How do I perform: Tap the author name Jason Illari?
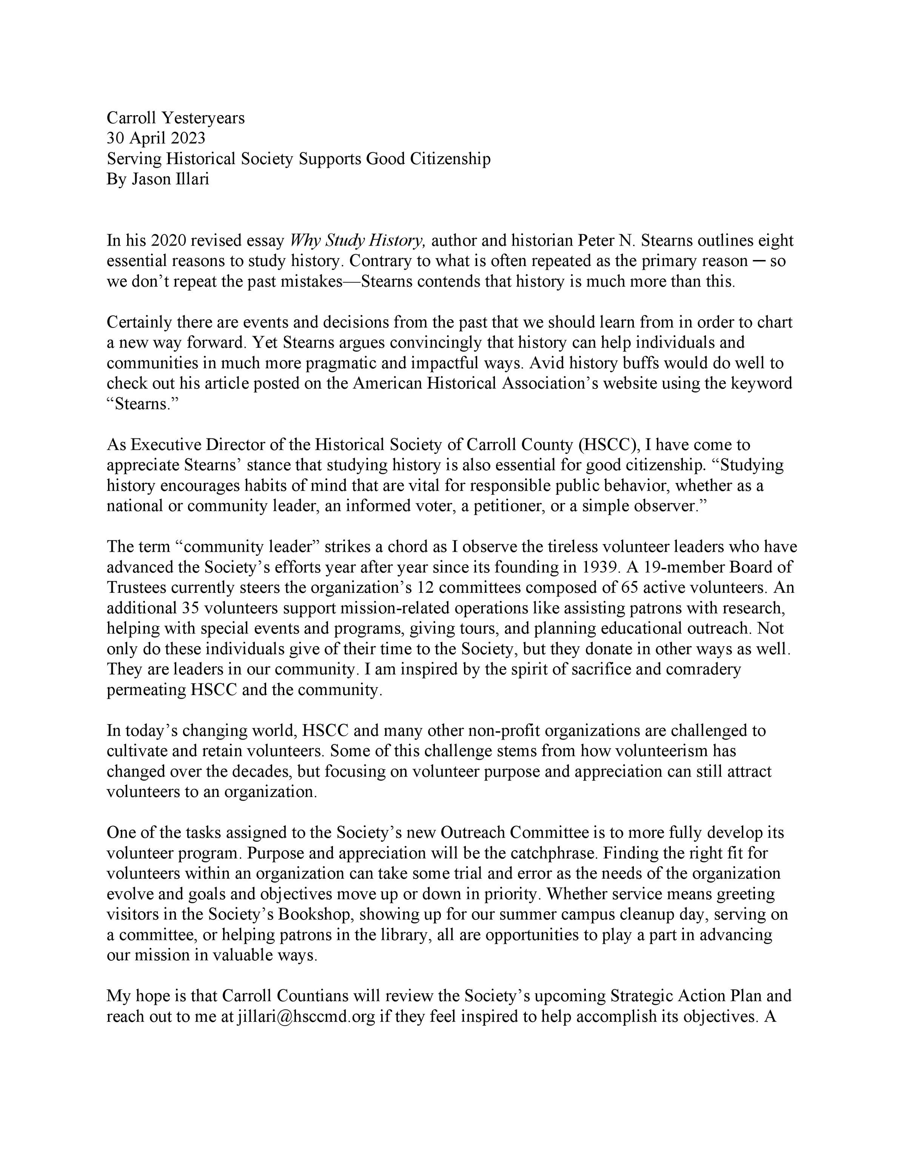[170, 179]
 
